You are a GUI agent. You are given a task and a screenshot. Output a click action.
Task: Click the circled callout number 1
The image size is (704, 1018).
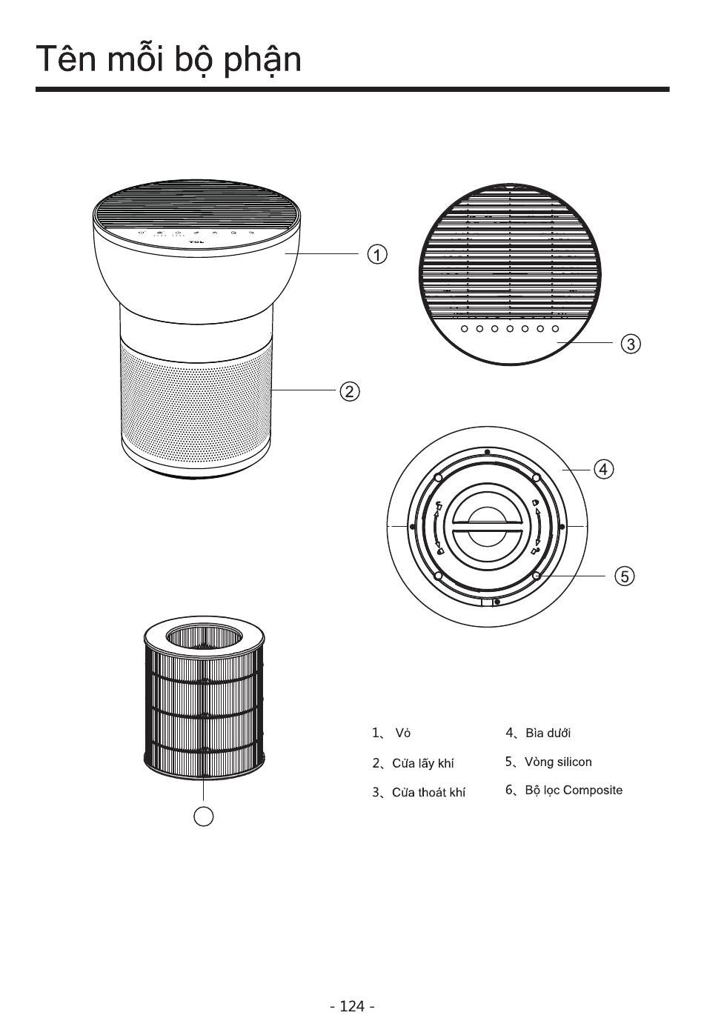click(377, 254)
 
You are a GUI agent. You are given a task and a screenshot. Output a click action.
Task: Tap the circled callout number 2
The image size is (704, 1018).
click(349, 390)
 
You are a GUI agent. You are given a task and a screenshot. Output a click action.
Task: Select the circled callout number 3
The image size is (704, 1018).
click(631, 344)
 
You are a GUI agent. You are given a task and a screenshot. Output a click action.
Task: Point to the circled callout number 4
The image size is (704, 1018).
click(604, 469)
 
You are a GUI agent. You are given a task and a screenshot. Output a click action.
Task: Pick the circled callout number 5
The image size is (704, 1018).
click(625, 576)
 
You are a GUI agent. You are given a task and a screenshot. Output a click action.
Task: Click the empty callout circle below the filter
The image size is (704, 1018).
click(203, 816)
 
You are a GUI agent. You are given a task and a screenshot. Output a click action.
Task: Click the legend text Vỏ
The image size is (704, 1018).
click(402, 733)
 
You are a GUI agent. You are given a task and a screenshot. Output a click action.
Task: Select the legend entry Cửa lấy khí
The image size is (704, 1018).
click(422, 763)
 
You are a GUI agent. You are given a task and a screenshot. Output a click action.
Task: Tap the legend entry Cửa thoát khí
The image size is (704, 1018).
click(428, 793)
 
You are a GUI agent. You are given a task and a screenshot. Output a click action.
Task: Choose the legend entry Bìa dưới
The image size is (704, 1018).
click(548, 733)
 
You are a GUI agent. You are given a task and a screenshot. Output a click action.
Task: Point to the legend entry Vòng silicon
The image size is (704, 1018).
click(558, 762)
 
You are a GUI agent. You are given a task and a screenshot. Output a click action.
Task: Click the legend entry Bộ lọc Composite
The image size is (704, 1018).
click(574, 790)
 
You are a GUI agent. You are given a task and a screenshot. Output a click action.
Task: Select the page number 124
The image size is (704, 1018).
click(352, 1005)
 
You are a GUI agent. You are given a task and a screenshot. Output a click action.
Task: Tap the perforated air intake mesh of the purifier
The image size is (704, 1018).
click(196, 400)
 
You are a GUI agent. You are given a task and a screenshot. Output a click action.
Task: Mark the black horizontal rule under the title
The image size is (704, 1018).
click(352, 90)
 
